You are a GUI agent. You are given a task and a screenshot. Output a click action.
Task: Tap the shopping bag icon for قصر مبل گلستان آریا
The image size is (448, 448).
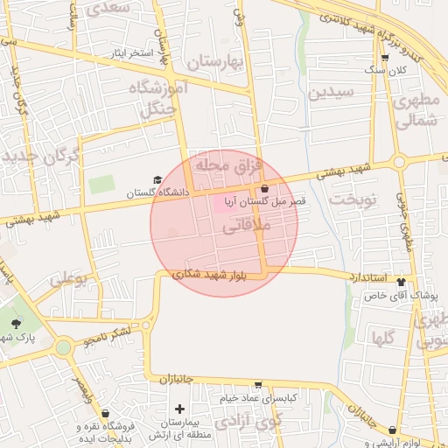click(x=264, y=188)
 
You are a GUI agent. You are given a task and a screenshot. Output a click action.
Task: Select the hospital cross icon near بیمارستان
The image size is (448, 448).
click(x=180, y=409)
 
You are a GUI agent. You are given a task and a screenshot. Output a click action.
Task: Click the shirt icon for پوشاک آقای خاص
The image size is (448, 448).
click(x=402, y=282)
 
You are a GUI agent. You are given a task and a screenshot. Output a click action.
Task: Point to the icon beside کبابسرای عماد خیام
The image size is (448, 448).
click(x=258, y=384)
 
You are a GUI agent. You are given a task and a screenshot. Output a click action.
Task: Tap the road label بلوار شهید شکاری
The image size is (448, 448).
click(x=211, y=274)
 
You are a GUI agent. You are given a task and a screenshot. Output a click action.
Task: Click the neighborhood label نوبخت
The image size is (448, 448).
click(x=352, y=199)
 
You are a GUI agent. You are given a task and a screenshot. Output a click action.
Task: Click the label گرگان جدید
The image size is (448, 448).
click(x=41, y=158)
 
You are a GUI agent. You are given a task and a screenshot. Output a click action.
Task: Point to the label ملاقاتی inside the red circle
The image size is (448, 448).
click(x=248, y=226)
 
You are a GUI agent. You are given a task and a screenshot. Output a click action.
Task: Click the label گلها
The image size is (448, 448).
click(x=383, y=337)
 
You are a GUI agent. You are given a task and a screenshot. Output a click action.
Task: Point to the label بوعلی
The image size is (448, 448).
click(x=68, y=281)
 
